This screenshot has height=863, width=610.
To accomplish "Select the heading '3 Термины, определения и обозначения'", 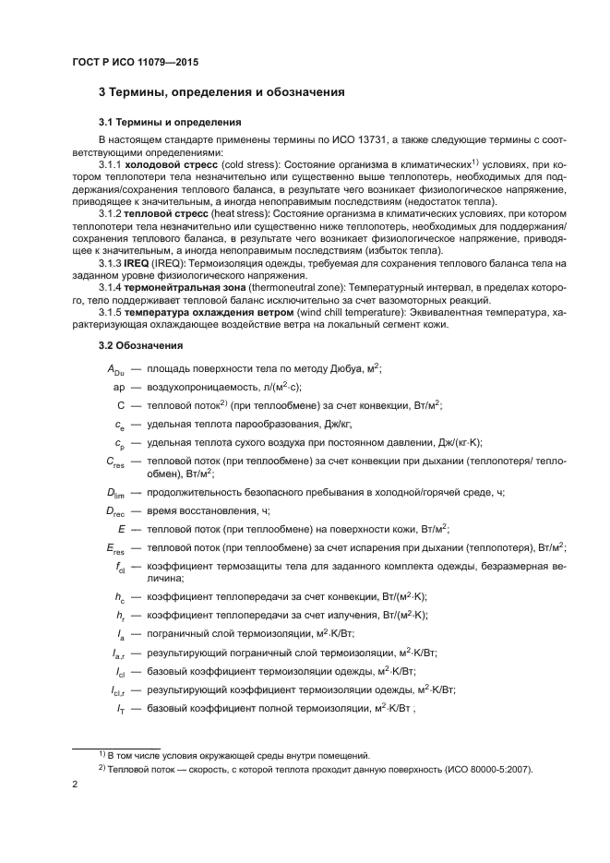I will (x=221, y=92).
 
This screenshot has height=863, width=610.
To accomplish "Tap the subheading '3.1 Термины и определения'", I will (x=170, y=122).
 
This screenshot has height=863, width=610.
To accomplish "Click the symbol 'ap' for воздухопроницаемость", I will (x=118, y=386).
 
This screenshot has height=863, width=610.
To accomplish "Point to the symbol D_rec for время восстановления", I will (x=114, y=511).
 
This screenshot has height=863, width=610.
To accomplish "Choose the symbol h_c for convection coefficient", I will (x=119, y=598).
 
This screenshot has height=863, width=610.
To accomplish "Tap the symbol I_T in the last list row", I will (x=120, y=707).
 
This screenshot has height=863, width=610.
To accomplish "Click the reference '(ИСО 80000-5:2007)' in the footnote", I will (x=480, y=769).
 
